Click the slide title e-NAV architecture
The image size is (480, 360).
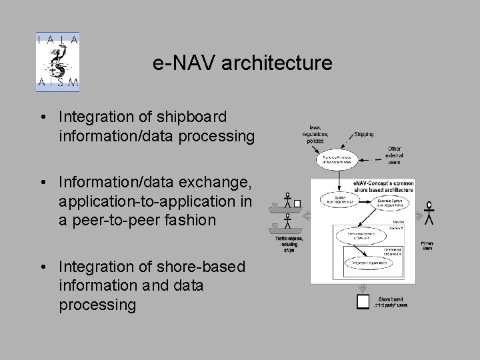(242, 63)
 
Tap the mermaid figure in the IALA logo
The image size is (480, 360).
(57, 63)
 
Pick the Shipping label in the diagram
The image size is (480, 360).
(364, 133)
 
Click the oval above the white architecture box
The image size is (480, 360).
(337, 158)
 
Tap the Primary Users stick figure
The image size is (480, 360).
(429, 212)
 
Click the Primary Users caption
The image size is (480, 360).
(427, 246)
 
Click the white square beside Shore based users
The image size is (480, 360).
(363, 302)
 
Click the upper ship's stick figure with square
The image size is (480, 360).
(288, 201)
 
